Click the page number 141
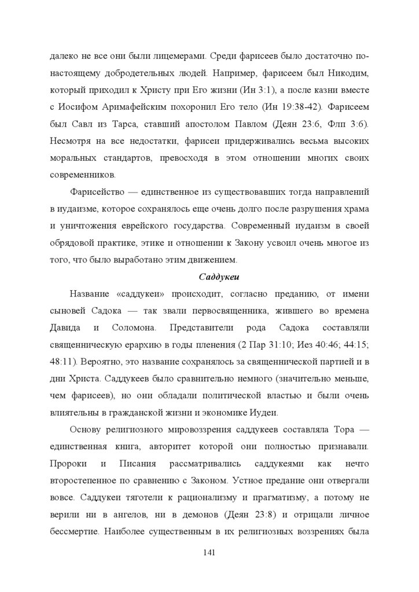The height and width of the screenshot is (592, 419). (209, 552)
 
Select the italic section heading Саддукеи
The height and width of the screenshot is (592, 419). (209, 276)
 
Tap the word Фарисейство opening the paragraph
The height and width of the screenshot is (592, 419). (93, 191)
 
